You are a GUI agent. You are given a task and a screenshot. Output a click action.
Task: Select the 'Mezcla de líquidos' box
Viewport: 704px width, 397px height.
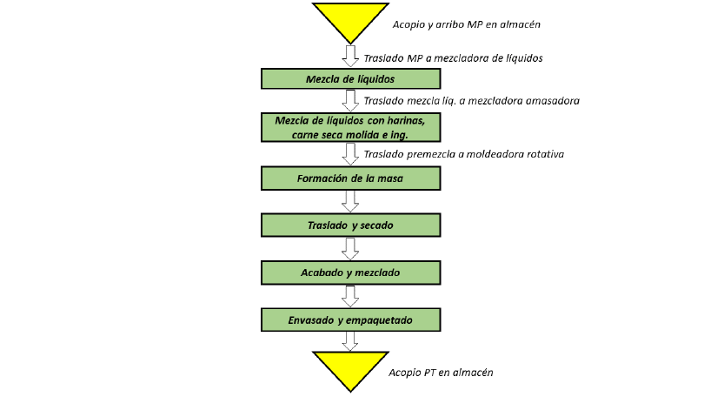tap(350, 78)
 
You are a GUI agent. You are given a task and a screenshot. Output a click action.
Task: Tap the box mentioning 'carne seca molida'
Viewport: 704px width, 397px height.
tap(350, 127)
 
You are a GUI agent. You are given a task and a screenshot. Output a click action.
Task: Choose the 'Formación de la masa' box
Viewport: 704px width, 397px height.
tap(350, 178)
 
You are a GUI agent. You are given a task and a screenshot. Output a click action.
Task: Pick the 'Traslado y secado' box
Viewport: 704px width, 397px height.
tap(350, 225)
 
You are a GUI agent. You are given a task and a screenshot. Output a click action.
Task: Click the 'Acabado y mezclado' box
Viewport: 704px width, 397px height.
tap(350, 273)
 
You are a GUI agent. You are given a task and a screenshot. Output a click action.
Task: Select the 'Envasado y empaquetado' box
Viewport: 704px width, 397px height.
tap(350, 320)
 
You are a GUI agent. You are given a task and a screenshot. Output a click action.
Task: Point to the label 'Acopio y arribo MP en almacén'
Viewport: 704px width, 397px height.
tap(467, 24)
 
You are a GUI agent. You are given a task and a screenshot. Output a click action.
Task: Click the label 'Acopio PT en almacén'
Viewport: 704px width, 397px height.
tap(441, 373)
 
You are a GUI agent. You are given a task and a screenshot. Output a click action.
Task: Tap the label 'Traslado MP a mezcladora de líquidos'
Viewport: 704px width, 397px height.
tap(453, 58)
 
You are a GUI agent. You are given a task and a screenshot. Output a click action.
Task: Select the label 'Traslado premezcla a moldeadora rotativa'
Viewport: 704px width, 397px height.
tap(464, 154)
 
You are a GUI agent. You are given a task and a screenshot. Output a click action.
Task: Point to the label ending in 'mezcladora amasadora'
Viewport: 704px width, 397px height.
tap(471, 101)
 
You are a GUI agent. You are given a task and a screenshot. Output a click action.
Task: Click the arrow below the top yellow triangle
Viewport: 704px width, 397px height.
tap(350, 56)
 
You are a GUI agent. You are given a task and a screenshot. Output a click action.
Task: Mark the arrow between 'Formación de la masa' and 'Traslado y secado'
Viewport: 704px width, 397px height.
tap(350, 201)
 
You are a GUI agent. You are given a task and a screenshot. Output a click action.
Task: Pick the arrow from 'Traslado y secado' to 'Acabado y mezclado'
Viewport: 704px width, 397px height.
tap(350, 249)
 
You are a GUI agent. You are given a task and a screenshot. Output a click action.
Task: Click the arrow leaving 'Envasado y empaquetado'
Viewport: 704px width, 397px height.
tap(350, 341)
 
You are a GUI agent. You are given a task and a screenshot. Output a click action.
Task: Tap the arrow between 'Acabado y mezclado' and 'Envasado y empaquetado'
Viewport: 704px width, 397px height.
tap(350, 296)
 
